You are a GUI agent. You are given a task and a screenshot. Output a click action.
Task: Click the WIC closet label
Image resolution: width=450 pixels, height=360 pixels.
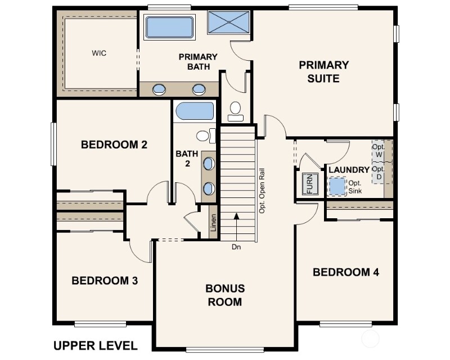[x=99, y=53]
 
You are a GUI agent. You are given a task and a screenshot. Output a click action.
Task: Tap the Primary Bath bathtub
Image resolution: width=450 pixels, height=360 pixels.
[x=169, y=27]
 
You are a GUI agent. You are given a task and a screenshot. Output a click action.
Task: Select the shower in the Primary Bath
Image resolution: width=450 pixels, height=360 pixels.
[x=228, y=22]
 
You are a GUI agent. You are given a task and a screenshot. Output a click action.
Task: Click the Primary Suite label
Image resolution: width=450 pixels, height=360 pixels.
[x=324, y=71]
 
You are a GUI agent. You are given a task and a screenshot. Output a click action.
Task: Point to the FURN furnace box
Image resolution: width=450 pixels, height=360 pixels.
[x=310, y=184]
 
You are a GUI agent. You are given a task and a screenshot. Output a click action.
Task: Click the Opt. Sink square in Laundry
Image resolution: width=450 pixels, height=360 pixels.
[x=337, y=186]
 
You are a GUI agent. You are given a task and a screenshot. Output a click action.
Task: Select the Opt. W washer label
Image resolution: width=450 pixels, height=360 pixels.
[x=379, y=151]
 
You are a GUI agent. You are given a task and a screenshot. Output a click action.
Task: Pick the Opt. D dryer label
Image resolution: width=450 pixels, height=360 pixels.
[x=379, y=173]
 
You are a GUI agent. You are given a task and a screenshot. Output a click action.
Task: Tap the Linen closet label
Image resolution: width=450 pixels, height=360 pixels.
[x=213, y=223]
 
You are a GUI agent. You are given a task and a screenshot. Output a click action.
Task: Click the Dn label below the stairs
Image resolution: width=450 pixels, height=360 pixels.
[x=236, y=247]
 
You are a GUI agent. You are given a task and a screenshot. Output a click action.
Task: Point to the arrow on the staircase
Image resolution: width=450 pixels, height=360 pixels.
[x=236, y=227]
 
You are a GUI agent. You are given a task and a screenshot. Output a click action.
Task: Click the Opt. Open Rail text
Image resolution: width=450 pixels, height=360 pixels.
[x=262, y=191]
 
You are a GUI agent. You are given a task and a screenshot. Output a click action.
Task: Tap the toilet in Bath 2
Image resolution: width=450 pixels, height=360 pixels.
[x=206, y=136]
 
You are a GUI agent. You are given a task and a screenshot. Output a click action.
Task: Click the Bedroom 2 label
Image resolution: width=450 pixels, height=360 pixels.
[x=114, y=145]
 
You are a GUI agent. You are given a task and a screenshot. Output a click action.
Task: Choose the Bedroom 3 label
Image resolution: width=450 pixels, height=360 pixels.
[x=105, y=281]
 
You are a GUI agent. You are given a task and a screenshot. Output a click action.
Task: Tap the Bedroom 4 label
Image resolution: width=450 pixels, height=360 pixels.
[x=346, y=272]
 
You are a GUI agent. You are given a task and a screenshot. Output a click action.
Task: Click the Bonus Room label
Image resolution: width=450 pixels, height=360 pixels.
[x=225, y=295]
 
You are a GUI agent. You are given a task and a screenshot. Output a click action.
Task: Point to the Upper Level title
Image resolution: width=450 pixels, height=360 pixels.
[x=96, y=345]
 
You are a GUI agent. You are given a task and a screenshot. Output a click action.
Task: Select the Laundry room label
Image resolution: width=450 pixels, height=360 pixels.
[x=349, y=170]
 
